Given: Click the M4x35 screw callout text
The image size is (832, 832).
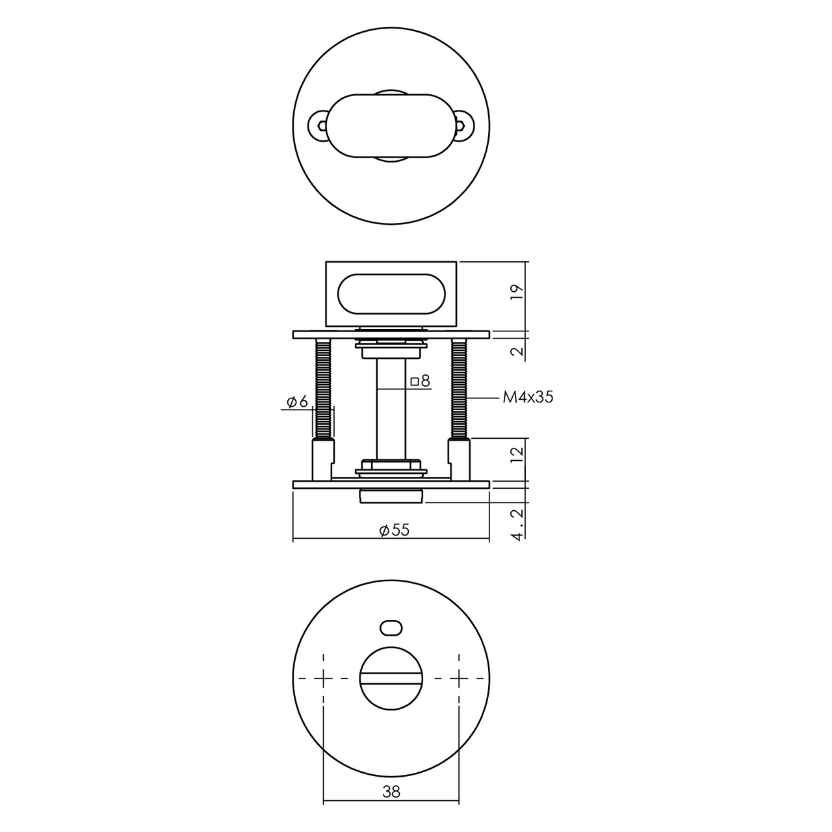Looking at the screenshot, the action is coord(528,397).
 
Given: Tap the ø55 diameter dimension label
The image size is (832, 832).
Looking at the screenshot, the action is coord(394,530).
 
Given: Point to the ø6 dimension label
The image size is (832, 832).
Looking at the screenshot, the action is coord(297,402).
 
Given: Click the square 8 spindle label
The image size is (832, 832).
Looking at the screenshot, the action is coord(420,381).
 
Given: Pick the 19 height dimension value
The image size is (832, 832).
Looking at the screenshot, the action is coord(517,292).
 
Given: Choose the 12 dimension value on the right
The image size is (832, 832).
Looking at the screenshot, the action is coord(517,455).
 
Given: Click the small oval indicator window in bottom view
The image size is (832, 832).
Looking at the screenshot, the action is coord(391,639).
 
